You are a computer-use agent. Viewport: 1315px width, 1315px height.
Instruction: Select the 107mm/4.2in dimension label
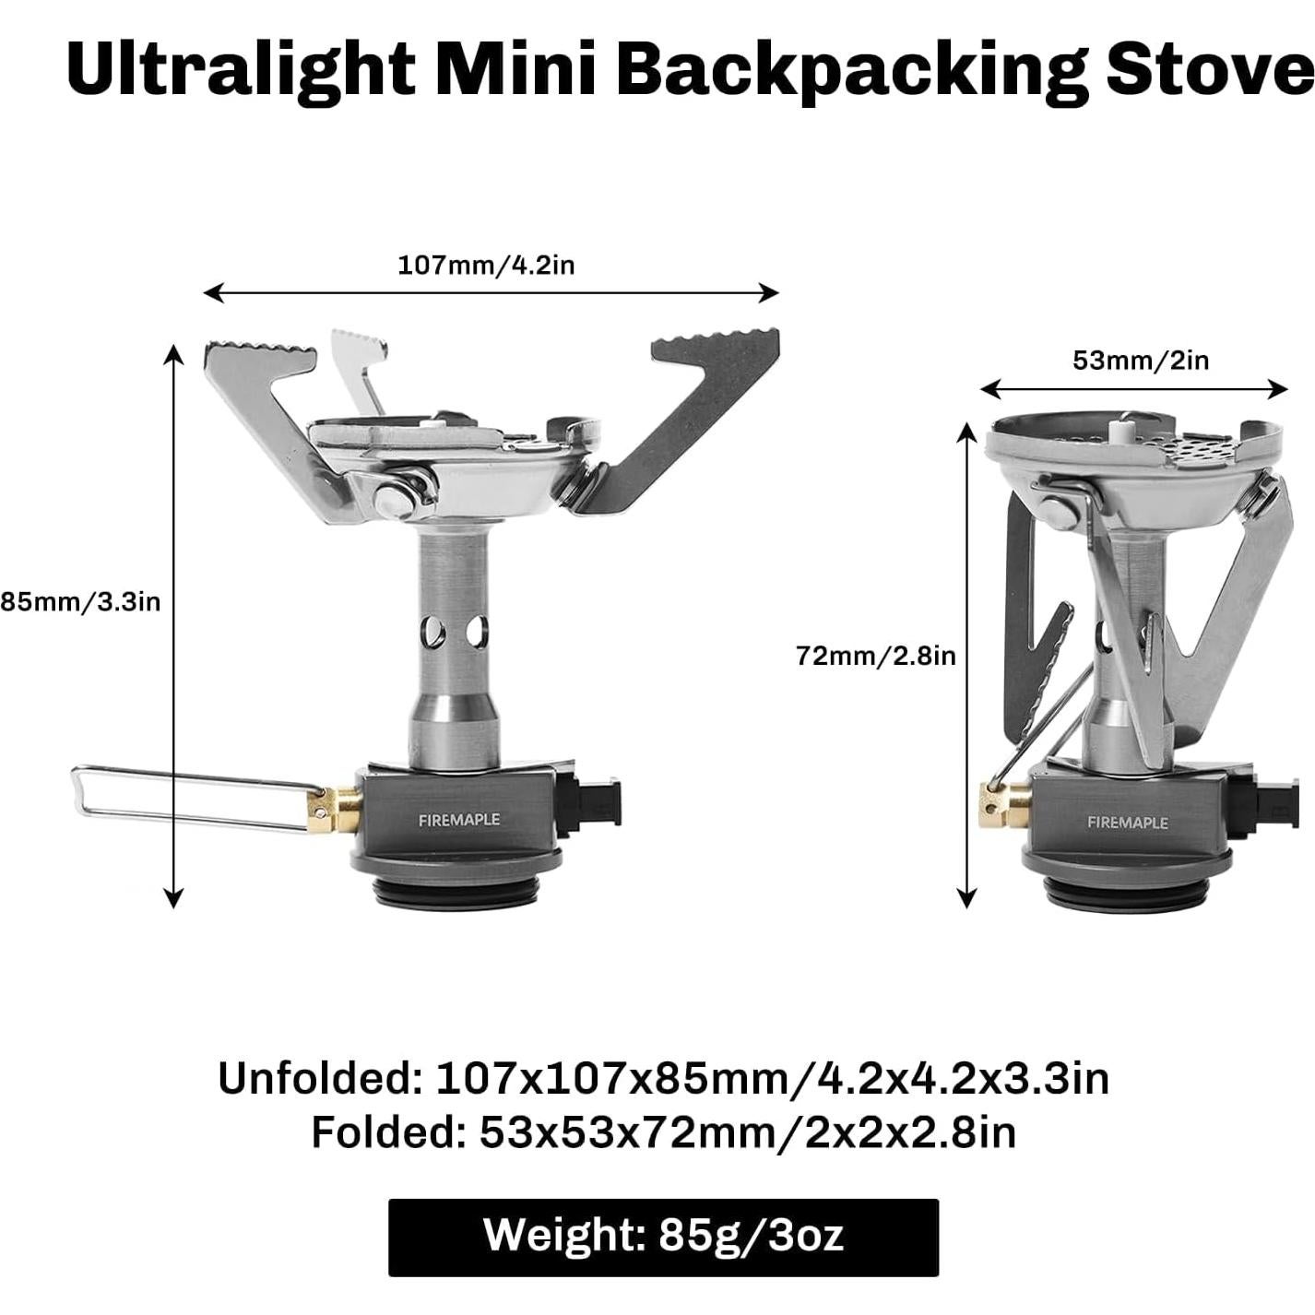[x=486, y=265]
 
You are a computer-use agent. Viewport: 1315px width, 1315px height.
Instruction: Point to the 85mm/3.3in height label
[x=80, y=602]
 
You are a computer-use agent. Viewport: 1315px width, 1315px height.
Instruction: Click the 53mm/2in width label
[x=1141, y=360]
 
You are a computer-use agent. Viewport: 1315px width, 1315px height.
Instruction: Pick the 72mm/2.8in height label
[x=875, y=656]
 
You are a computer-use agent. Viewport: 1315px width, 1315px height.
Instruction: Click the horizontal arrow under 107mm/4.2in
[x=491, y=293]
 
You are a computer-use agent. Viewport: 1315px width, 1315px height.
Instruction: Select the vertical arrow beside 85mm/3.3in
[x=174, y=626]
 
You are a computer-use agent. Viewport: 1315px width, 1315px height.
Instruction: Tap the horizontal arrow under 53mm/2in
[x=1133, y=390]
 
